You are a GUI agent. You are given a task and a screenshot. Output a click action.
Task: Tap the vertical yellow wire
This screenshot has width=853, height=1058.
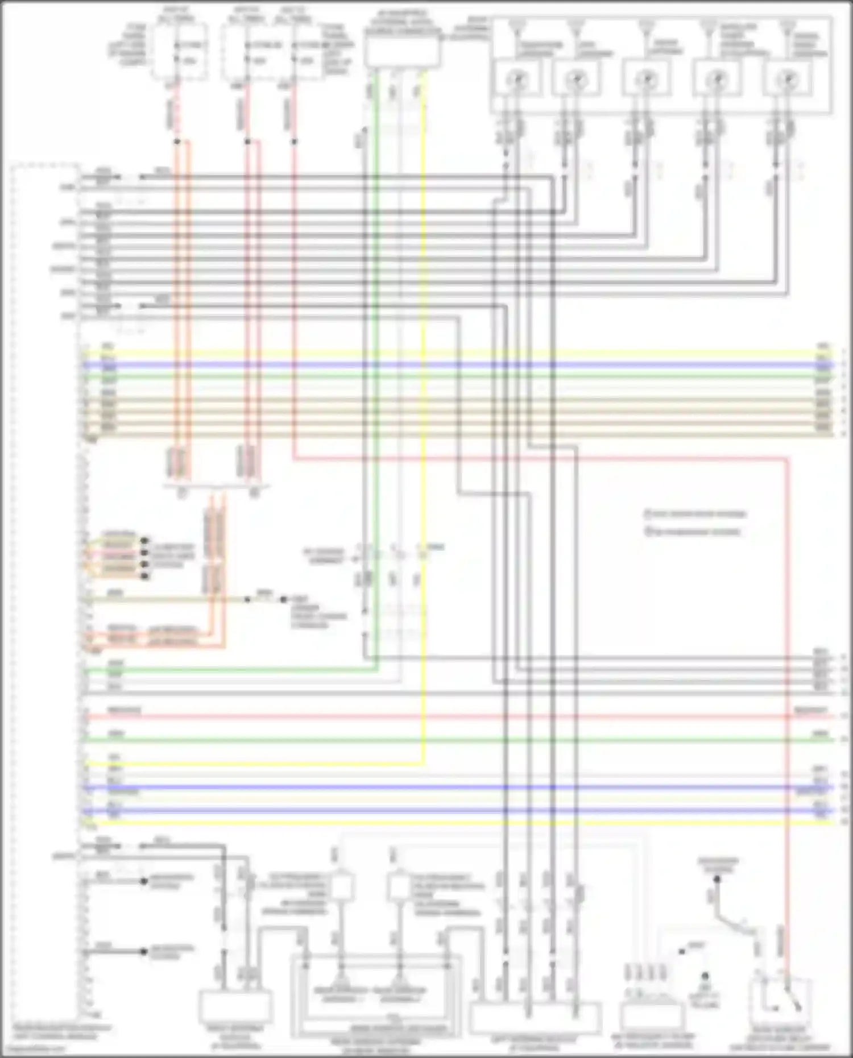click(424, 398)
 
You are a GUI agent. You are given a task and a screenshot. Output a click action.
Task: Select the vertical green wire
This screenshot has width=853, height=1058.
click(375, 398)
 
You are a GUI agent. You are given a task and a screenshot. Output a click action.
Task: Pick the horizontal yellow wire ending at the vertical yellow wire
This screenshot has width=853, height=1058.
click(256, 762)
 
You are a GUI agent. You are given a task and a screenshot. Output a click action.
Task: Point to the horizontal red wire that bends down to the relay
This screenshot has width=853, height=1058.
click(540, 457)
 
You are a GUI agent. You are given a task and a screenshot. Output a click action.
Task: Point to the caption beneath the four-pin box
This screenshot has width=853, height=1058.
click(652, 1041)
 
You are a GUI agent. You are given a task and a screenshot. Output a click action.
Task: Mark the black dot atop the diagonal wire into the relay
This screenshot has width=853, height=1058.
click(718, 879)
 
